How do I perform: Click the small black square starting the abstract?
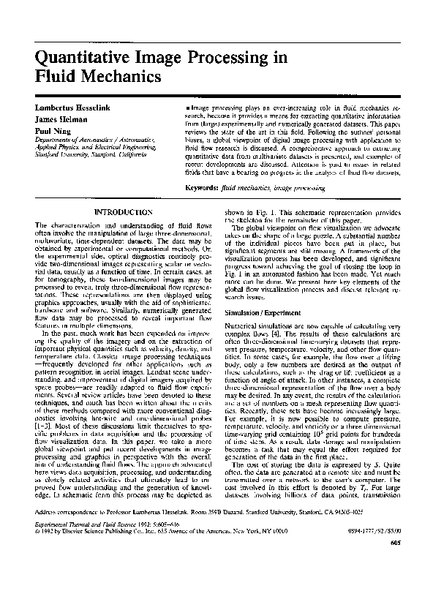[187, 108]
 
